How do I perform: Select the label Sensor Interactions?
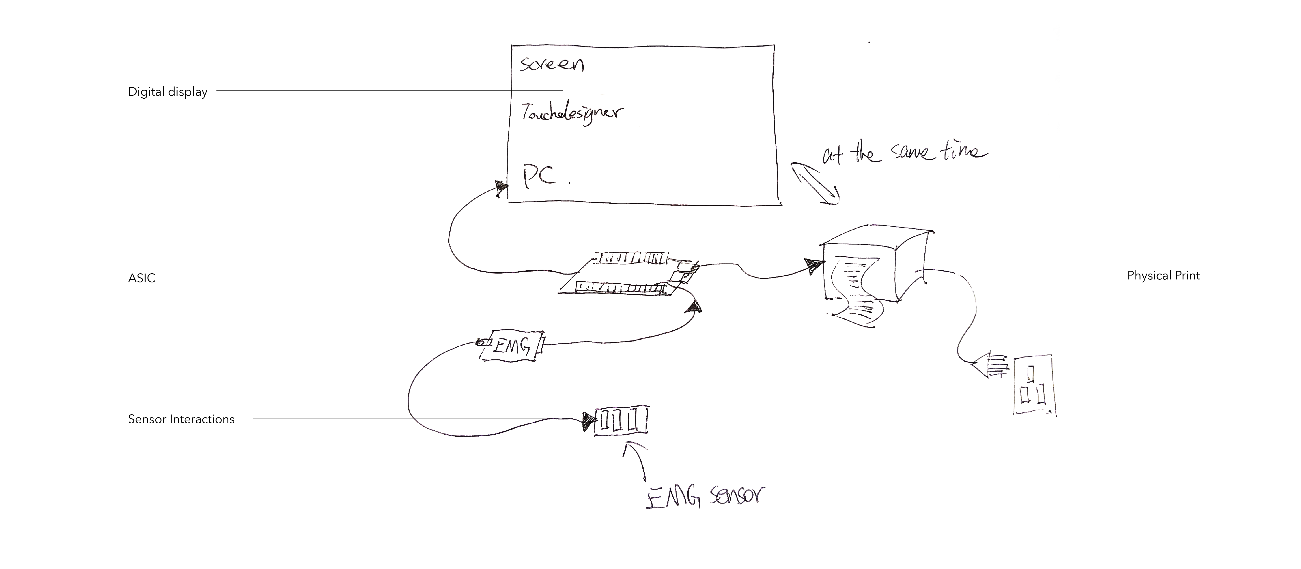(x=181, y=419)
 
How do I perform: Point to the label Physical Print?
(x=1163, y=276)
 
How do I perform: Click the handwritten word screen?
(x=551, y=64)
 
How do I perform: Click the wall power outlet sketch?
(x=1034, y=385)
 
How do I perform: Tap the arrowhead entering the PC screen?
(x=501, y=188)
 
